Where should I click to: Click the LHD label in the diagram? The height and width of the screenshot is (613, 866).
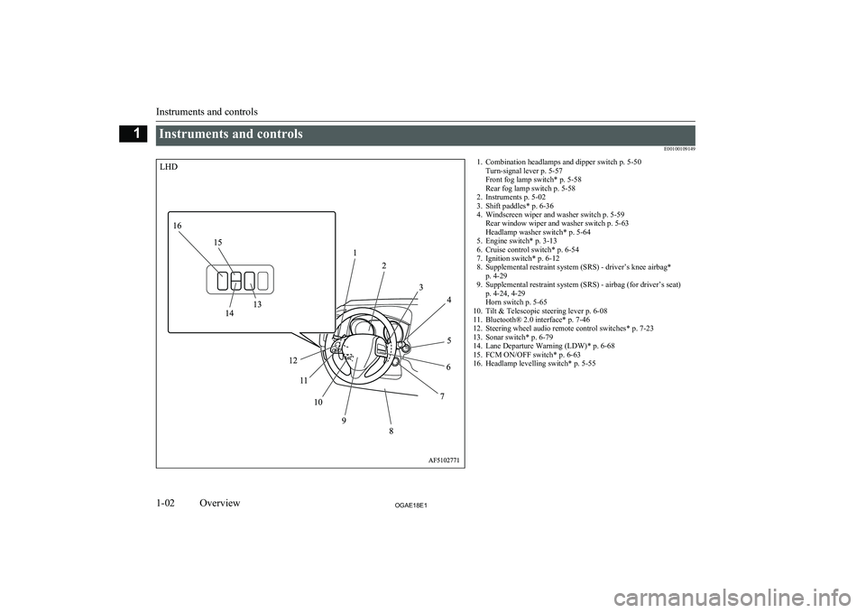pos(169,166)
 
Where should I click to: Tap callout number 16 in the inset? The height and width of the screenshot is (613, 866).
pos(178,226)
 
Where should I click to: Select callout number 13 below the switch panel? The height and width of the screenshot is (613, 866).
pos(257,304)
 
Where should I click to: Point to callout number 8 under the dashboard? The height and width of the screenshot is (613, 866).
pos(391,432)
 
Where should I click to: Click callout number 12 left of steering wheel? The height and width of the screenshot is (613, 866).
pos(292,360)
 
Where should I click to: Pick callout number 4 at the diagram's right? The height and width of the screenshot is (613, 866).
pos(449,300)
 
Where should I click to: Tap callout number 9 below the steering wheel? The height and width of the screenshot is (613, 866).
pos(344,421)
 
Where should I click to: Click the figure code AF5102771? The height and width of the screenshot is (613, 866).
pos(445,460)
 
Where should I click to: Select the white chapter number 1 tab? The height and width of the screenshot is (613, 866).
pos(134,134)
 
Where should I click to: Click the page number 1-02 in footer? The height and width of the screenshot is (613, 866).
pos(166,503)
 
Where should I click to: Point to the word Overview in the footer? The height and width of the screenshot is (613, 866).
pos(220,503)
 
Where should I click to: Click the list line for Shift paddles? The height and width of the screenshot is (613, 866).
pos(515,206)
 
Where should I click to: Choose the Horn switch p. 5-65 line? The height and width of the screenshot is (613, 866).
pos(516,302)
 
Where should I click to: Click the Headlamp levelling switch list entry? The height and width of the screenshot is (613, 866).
pos(534,364)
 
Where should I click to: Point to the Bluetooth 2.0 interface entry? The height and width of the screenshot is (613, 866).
pos(531,320)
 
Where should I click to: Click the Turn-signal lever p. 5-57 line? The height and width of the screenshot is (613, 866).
pos(524,171)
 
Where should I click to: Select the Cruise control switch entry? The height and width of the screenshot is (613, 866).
pos(528,250)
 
